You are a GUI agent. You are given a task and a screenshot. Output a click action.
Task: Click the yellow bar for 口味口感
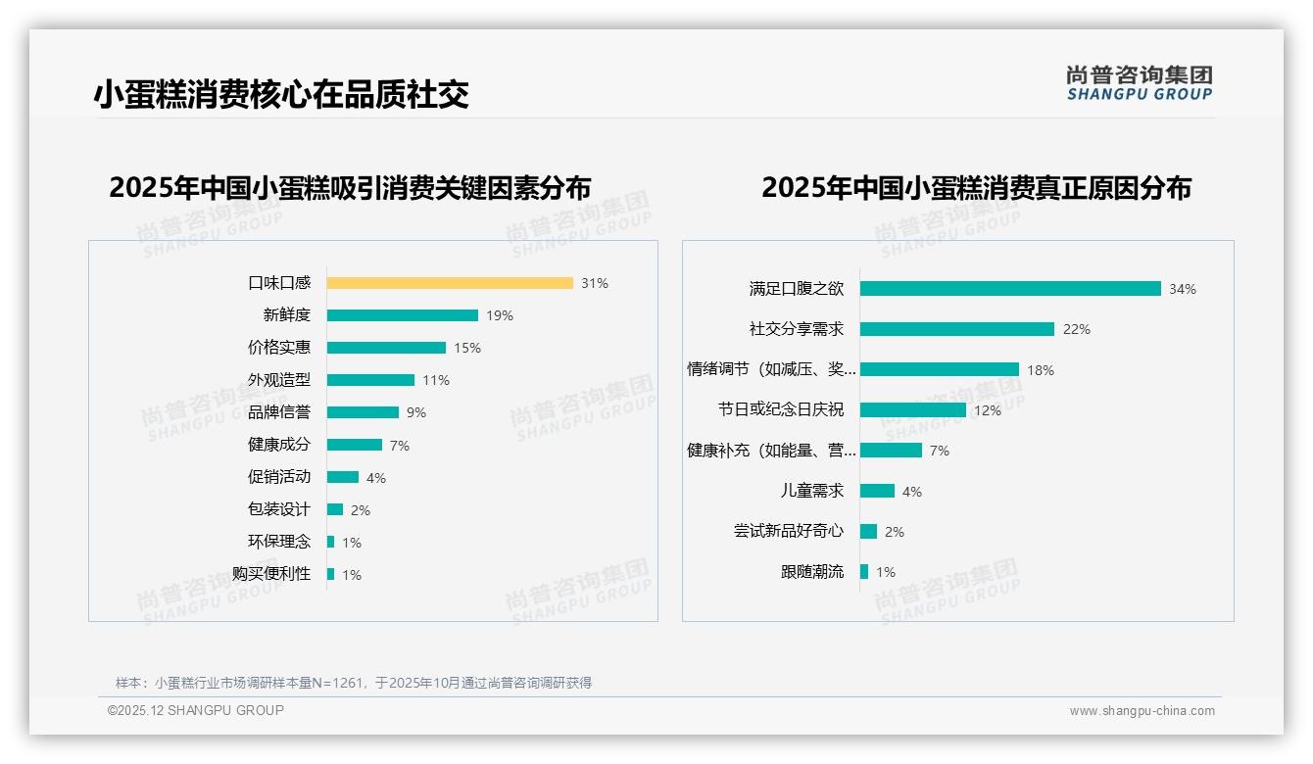tap(450, 283)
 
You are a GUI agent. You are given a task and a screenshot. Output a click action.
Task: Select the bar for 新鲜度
tap(403, 315)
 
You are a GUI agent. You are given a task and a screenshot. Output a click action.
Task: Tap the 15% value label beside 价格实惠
tap(467, 348)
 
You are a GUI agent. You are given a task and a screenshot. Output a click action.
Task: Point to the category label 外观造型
tap(279, 380)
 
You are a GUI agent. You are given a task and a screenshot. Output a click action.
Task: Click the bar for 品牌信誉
tap(363, 412)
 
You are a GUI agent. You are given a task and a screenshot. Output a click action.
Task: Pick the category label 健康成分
tap(279, 445)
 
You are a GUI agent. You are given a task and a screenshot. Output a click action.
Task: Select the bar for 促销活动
tap(343, 477)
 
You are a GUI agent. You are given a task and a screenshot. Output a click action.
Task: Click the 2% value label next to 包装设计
tap(361, 510)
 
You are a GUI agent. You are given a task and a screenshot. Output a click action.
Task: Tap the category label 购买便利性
tap(271, 574)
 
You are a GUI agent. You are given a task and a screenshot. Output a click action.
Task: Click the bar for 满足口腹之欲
tap(1010, 289)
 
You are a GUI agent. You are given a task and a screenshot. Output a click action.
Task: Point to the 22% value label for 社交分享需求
tap(1076, 329)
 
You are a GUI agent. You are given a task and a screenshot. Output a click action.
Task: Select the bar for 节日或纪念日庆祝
tap(913, 410)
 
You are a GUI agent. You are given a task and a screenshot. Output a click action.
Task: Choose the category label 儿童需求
tap(812, 491)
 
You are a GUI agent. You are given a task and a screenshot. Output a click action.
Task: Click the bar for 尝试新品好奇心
tap(868, 531)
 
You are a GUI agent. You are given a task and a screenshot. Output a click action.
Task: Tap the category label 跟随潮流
tap(812, 572)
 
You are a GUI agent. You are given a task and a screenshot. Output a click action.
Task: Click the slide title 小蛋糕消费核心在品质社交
tap(281, 94)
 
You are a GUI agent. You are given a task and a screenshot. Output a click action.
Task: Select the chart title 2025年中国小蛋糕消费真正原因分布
tap(976, 188)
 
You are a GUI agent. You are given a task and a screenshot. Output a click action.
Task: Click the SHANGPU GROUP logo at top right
tap(1140, 83)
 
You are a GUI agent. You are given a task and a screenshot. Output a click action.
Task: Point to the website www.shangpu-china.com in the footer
tap(1142, 711)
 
